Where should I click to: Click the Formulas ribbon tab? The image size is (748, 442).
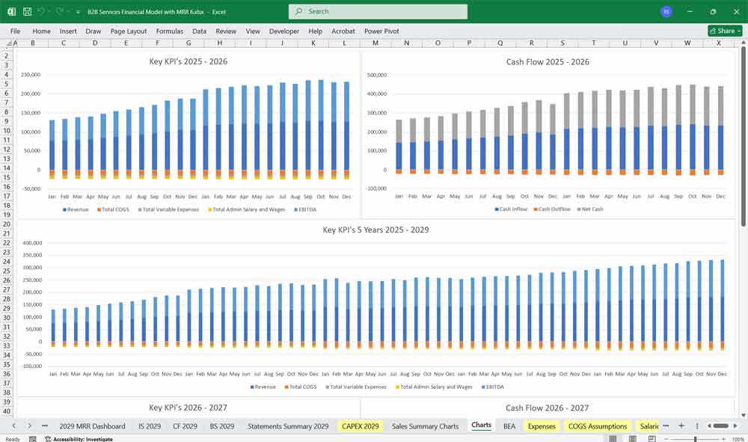tap(169, 31)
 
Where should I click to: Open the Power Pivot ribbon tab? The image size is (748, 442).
tap(381, 31)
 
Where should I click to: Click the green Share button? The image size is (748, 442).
tap(725, 31)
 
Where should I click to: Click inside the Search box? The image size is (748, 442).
tap(378, 11)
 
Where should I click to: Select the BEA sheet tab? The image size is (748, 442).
tap(509, 426)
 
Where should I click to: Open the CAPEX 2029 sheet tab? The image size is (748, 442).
tap(361, 426)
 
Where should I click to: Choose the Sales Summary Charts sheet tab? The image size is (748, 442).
tap(425, 426)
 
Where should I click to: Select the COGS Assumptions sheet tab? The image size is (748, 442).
tap(598, 426)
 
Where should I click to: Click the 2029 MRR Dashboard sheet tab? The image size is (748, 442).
tap(92, 426)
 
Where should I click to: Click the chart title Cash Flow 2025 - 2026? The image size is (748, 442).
tap(548, 62)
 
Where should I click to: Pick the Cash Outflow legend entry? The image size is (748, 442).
tap(553, 209)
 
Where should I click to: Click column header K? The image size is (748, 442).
tap(313, 43)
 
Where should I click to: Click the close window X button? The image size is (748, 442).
tap(735, 11)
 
